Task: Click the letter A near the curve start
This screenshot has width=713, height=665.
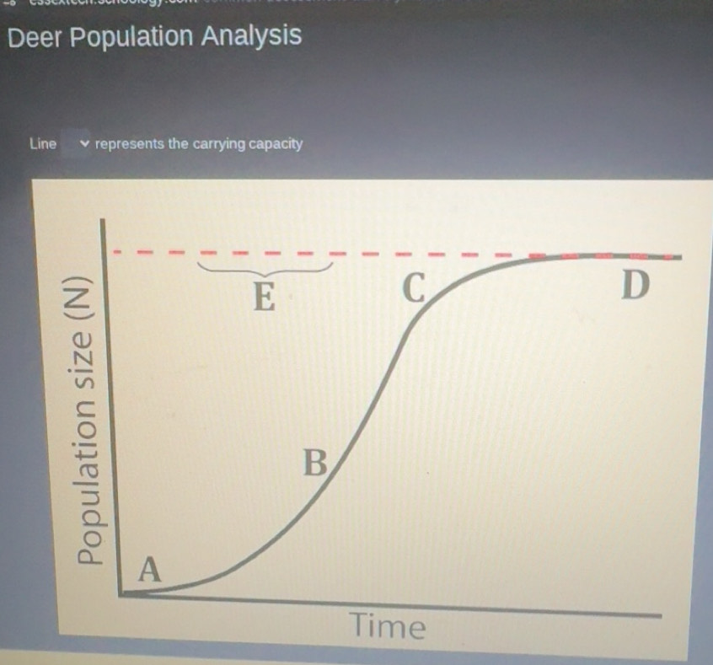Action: pyautogui.click(x=149, y=570)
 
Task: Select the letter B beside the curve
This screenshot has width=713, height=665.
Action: pyautogui.click(x=314, y=464)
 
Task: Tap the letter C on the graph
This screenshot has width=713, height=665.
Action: pyautogui.click(x=412, y=289)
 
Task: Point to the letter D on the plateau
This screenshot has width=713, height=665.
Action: pyautogui.click(x=635, y=286)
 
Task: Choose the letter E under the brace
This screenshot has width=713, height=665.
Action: pyautogui.click(x=265, y=297)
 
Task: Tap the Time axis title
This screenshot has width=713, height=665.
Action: pyautogui.click(x=388, y=626)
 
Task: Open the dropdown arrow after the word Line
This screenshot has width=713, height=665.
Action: pyautogui.click(x=83, y=143)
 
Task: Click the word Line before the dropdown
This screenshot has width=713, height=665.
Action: pyautogui.click(x=42, y=143)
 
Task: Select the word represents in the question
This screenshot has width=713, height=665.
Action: pyautogui.click(x=130, y=143)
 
